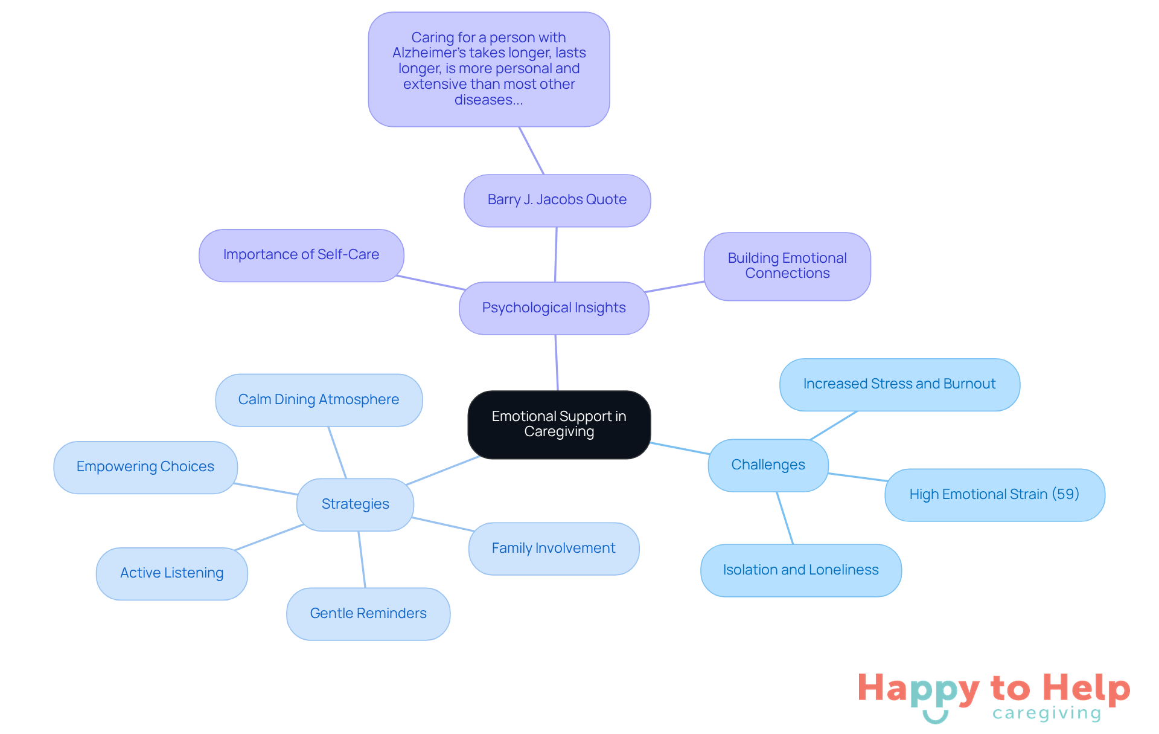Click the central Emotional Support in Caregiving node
coord(559,424)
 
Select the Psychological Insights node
coord(554,308)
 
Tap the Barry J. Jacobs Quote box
coord(557,200)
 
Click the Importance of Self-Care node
coord(301,255)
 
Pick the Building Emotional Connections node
coord(787,266)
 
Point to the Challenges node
coord(768,465)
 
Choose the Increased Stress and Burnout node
coord(899,384)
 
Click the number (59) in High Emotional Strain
coord(1065,494)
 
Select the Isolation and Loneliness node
coord(800,570)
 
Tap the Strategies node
coord(355,504)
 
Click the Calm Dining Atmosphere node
coord(318,400)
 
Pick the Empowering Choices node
coord(145,467)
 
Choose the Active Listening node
coord(171,573)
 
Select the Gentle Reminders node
coord(368,614)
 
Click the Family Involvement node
coord(553,549)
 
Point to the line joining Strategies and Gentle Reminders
coord(362,559)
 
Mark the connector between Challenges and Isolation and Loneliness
coord(785,518)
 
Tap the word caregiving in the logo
coord(1047,713)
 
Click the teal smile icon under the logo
coord(936,717)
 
